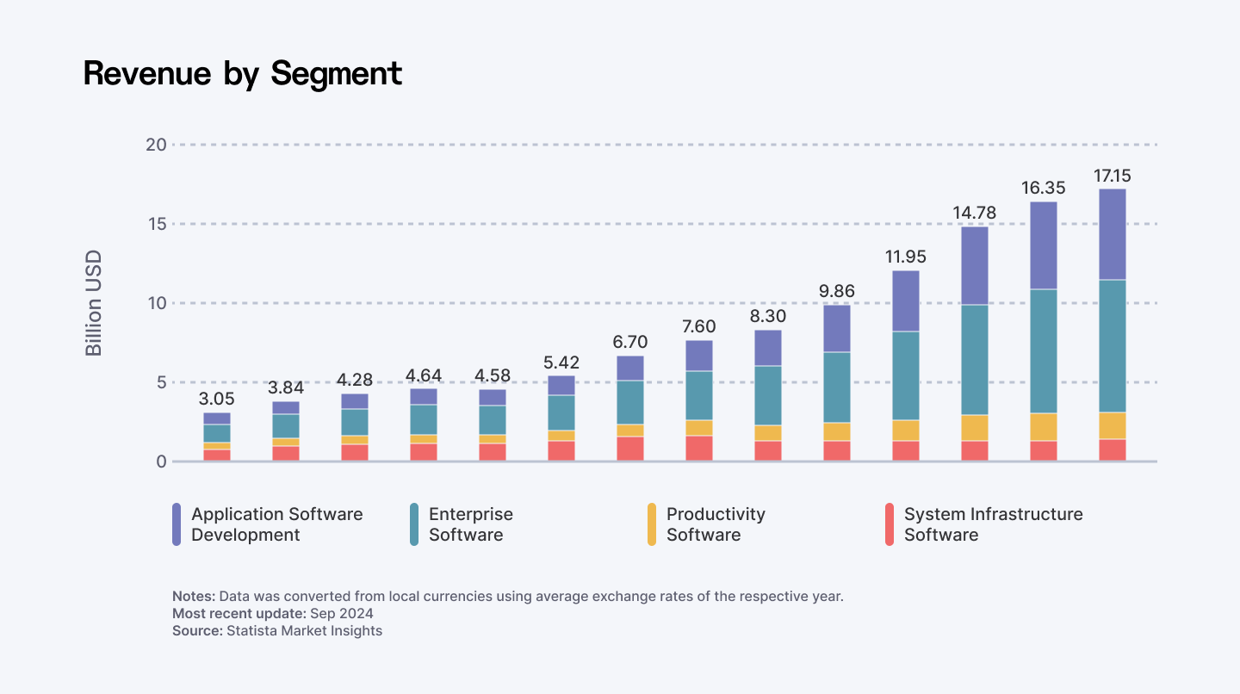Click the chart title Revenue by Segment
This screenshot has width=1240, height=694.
coord(243,74)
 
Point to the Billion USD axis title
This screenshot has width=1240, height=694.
coord(94,303)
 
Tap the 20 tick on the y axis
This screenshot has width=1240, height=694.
coord(155,145)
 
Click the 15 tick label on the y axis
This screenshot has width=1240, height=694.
coord(156,224)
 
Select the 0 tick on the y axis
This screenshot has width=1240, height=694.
coord(160,462)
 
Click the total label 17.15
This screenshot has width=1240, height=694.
coord(1112,176)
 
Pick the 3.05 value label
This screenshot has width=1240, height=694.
coord(216,400)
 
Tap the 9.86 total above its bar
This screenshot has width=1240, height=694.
coord(836,291)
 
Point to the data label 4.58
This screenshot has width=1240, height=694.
coord(492,376)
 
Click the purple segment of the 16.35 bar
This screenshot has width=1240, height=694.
coord(1043,245)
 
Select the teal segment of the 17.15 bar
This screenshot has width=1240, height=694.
coord(1112,346)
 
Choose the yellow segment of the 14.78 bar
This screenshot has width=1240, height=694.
coord(974,428)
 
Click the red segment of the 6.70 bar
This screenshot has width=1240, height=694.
coord(629,449)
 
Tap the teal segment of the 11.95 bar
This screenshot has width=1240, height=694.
coord(905,375)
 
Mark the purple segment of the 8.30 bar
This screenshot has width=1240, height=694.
coord(767,348)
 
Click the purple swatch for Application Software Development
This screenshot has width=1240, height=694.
coord(177,524)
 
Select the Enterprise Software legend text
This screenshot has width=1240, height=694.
coord(470,524)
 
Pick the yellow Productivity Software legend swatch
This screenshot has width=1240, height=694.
coord(652,524)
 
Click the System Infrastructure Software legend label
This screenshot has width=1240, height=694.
coord(993,524)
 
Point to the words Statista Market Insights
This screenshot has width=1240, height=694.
coord(304,630)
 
